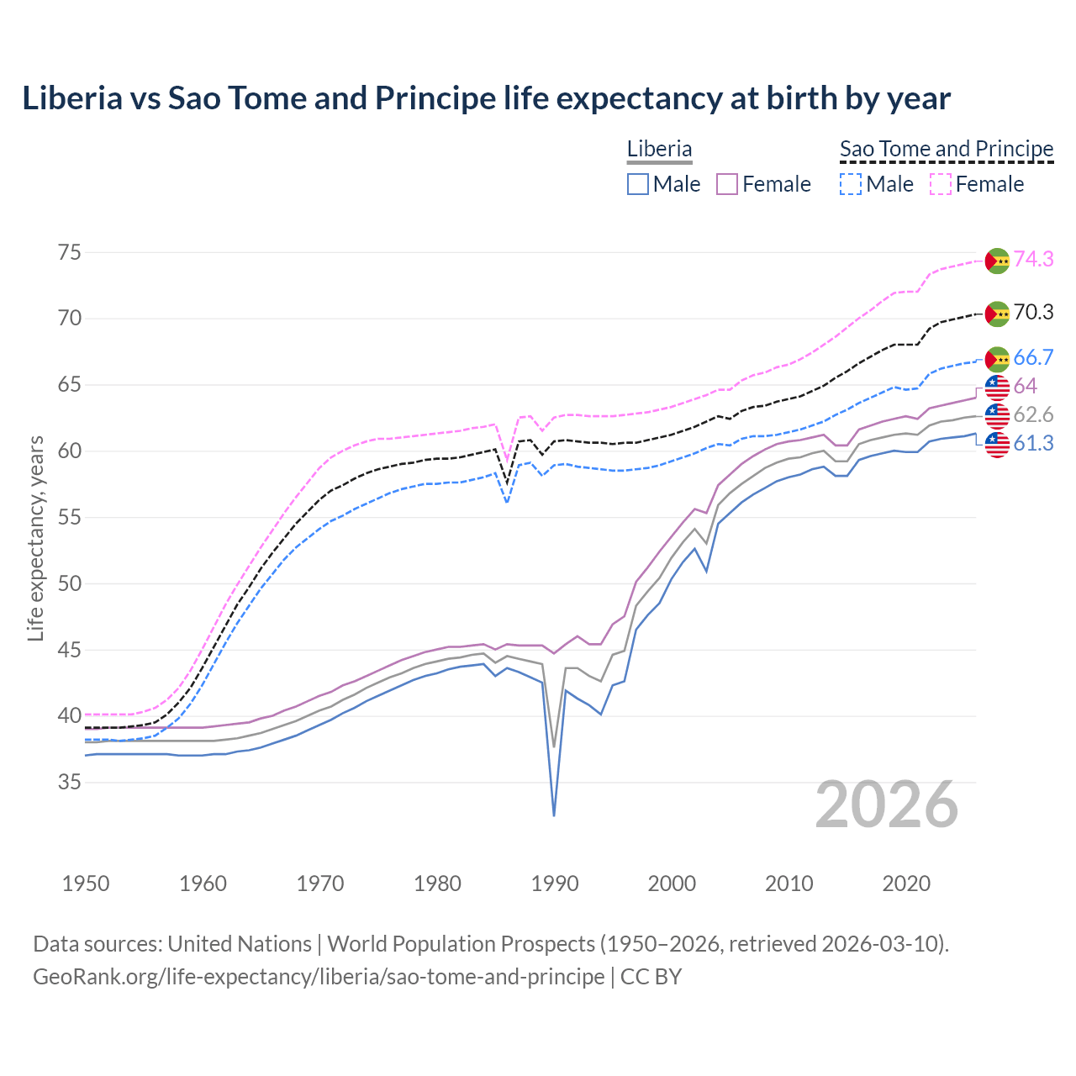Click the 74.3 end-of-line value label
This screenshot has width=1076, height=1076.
[1033, 259]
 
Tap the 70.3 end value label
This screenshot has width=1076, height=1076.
[1033, 313]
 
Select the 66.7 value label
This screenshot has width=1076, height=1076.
[1033, 357]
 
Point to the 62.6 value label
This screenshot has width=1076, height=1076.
[1033, 414]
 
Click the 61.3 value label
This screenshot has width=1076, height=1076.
[1033, 443]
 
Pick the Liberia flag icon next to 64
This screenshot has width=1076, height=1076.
[997, 387]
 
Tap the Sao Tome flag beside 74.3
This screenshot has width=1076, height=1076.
[997, 261]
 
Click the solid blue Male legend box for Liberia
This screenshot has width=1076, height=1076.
[638, 184]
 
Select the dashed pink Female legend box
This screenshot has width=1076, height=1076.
[941, 184]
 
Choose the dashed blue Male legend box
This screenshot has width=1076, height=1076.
[851, 184]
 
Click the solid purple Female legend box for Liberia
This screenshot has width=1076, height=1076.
[727, 184]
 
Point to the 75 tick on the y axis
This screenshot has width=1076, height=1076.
[70, 252]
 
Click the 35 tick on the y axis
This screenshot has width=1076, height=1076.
[70, 783]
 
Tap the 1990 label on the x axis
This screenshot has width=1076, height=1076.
[555, 883]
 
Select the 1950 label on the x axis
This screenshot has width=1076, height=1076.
[86, 883]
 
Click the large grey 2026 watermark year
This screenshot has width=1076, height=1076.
[887, 805]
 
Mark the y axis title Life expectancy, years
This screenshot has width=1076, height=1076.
[36, 538]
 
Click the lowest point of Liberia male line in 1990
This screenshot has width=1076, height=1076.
[554, 815]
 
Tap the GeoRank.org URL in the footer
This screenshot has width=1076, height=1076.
[319, 977]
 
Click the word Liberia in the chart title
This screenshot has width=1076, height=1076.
[72, 98]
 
